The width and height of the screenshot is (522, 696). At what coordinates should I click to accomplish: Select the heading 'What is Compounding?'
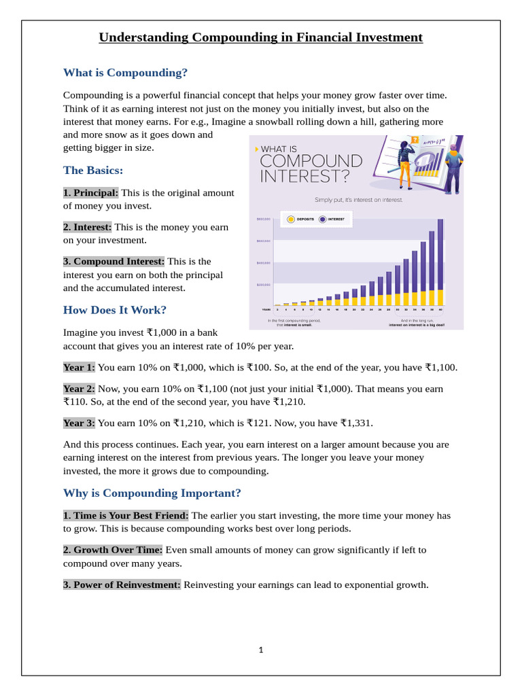click(x=125, y=72)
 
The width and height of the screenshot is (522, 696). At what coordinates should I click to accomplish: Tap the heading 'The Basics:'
click(x=93, y=170)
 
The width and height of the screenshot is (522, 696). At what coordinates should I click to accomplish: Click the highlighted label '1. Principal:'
click(x=91, y=193)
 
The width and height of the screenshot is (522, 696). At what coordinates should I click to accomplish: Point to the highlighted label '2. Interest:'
click(x=88, y=227)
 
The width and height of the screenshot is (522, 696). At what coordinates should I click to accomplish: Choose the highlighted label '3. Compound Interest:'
click(x=114, y=261)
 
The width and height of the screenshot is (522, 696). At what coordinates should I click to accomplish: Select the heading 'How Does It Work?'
click(x=115, y=310)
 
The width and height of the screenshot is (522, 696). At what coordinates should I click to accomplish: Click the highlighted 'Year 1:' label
click(x=80, y=367)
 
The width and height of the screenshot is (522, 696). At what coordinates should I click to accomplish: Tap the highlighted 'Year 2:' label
click(x=80, y=389)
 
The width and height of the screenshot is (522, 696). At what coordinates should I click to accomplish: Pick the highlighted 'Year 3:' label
click(x=80, y=423)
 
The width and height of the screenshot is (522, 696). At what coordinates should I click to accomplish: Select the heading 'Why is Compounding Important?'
click(x=152, y=492)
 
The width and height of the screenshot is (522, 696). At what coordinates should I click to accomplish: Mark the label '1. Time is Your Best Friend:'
click(x=126, y=515)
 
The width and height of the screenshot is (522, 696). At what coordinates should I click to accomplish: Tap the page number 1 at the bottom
click(x=261, y=650)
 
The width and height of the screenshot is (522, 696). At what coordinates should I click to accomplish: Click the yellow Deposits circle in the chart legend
click(x=291, y=220)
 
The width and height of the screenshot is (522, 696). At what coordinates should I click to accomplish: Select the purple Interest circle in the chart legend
click(x=322, y=220)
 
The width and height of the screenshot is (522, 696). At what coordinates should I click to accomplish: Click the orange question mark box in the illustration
click(x=415, y=141)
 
